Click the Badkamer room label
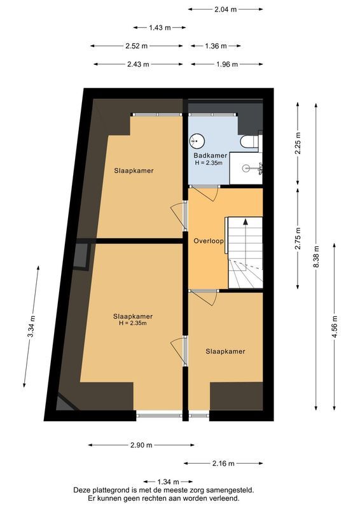pos(210,155)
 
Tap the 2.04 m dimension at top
pos(225,10)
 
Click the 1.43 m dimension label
pos(159,27)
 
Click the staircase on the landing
pos(245,252)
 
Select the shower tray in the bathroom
pos(246,169)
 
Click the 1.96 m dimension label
pos(226,64)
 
